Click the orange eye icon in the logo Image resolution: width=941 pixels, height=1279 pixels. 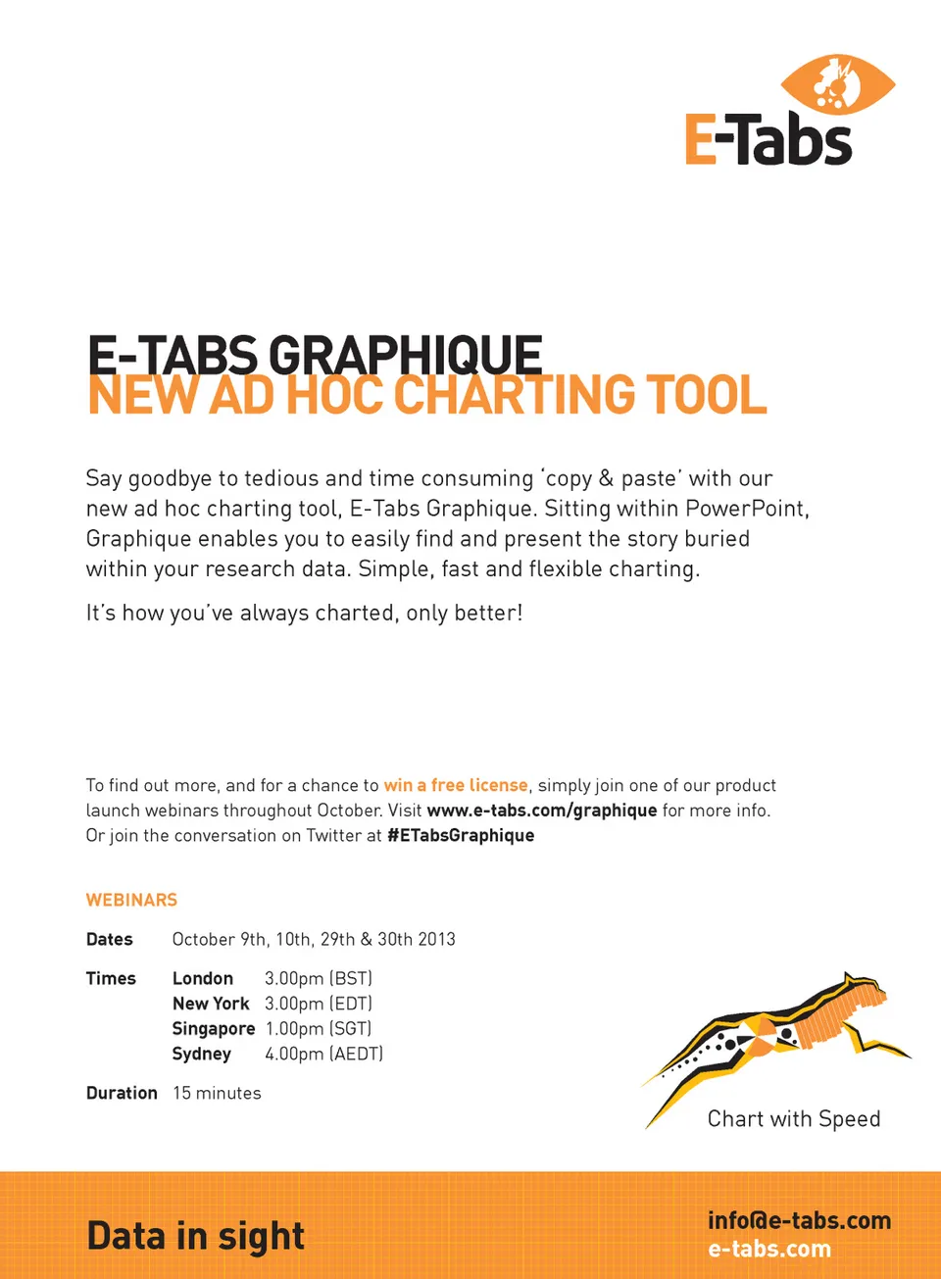coord(837,84)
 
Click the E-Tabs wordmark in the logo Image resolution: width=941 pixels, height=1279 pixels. coord(768,140)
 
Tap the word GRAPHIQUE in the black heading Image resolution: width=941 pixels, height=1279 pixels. coord(405,354)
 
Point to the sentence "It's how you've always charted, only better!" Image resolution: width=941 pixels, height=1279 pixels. coord(304,614)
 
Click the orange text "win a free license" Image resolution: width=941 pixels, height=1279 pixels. coord(456,785)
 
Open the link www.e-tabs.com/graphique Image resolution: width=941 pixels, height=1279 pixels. coord(542,811)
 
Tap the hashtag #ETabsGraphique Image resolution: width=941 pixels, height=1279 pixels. coord(461,835)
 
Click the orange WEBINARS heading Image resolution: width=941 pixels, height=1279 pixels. coord(131,900)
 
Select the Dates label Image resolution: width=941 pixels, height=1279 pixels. coord(110,939)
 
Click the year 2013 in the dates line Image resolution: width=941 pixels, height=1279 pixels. coord(437,939)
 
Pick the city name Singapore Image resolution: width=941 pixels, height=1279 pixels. coord(214,1029)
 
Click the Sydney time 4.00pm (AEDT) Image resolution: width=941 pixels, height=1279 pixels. coord(323,1054)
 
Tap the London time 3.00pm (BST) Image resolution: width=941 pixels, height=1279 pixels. coord(319,978)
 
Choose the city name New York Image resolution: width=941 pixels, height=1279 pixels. coord(211,1004)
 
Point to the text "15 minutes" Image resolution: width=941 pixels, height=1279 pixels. coord(217,1093)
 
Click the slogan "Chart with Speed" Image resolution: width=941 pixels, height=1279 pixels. coord(794,1119)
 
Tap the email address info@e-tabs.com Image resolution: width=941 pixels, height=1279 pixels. coord(799,1220)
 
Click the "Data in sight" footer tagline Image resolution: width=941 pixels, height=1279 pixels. coord(196,1237)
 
